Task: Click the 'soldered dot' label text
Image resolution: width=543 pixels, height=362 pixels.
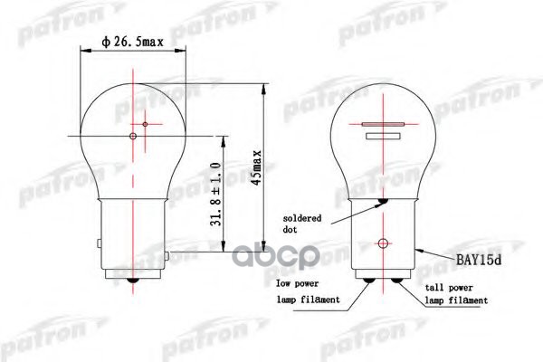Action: [x=304, y=224]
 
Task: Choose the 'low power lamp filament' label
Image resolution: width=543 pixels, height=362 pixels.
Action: [x=307, y=291]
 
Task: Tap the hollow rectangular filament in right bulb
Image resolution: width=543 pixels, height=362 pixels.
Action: [x=384, y=137]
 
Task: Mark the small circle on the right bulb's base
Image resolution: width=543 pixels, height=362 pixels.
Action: [x=384, y=243]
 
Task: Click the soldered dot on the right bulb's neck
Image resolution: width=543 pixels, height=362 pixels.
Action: [x=384, y=202]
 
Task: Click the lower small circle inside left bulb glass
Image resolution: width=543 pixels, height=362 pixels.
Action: [x=133, y=137]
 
